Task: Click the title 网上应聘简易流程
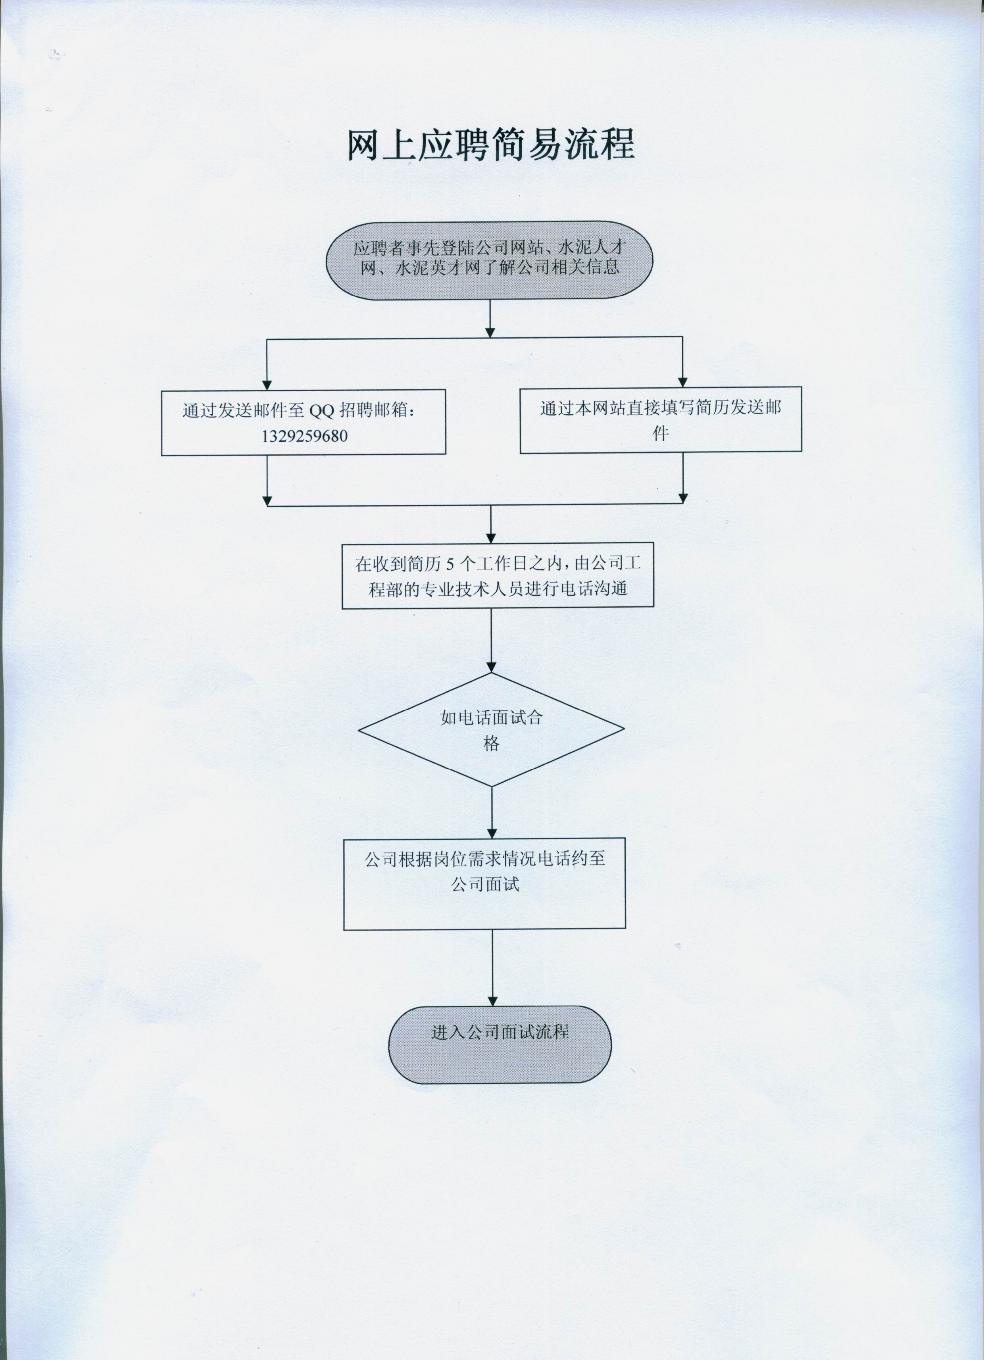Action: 491,145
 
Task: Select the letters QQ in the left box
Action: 321,411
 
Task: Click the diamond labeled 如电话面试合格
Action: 491,730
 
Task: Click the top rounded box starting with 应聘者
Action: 489,261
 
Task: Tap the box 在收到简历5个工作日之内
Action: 497,576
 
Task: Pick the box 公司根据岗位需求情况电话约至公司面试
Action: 484,883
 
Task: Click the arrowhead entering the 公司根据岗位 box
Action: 492,833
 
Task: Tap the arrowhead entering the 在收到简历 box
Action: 491,538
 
